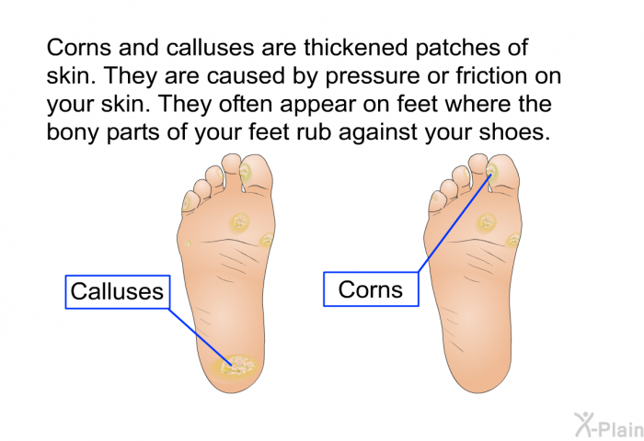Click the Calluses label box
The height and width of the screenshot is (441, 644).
pos(118,291)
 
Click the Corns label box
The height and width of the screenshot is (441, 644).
pos(371,289)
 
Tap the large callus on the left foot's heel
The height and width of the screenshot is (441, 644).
pos(235,367)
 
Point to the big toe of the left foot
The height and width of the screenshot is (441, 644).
pos(257,173)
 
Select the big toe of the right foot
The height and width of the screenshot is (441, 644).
pos(503,173)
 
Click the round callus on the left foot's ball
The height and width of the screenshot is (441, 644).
pos(240,222)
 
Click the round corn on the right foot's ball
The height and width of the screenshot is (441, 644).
pos(487,222)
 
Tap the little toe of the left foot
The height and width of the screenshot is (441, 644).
pos(190,200)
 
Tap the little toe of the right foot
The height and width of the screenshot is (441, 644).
pos(436,200)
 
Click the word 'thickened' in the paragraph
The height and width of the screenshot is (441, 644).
pos(356,48)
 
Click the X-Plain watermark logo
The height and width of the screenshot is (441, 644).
pos(609,425)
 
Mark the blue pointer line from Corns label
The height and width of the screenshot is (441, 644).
pos(454,223)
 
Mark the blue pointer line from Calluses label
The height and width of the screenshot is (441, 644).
pos(200,336)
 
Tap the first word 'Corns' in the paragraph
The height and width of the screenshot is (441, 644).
pos(79,48)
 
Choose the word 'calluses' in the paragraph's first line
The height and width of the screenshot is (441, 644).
pos(211,48)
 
